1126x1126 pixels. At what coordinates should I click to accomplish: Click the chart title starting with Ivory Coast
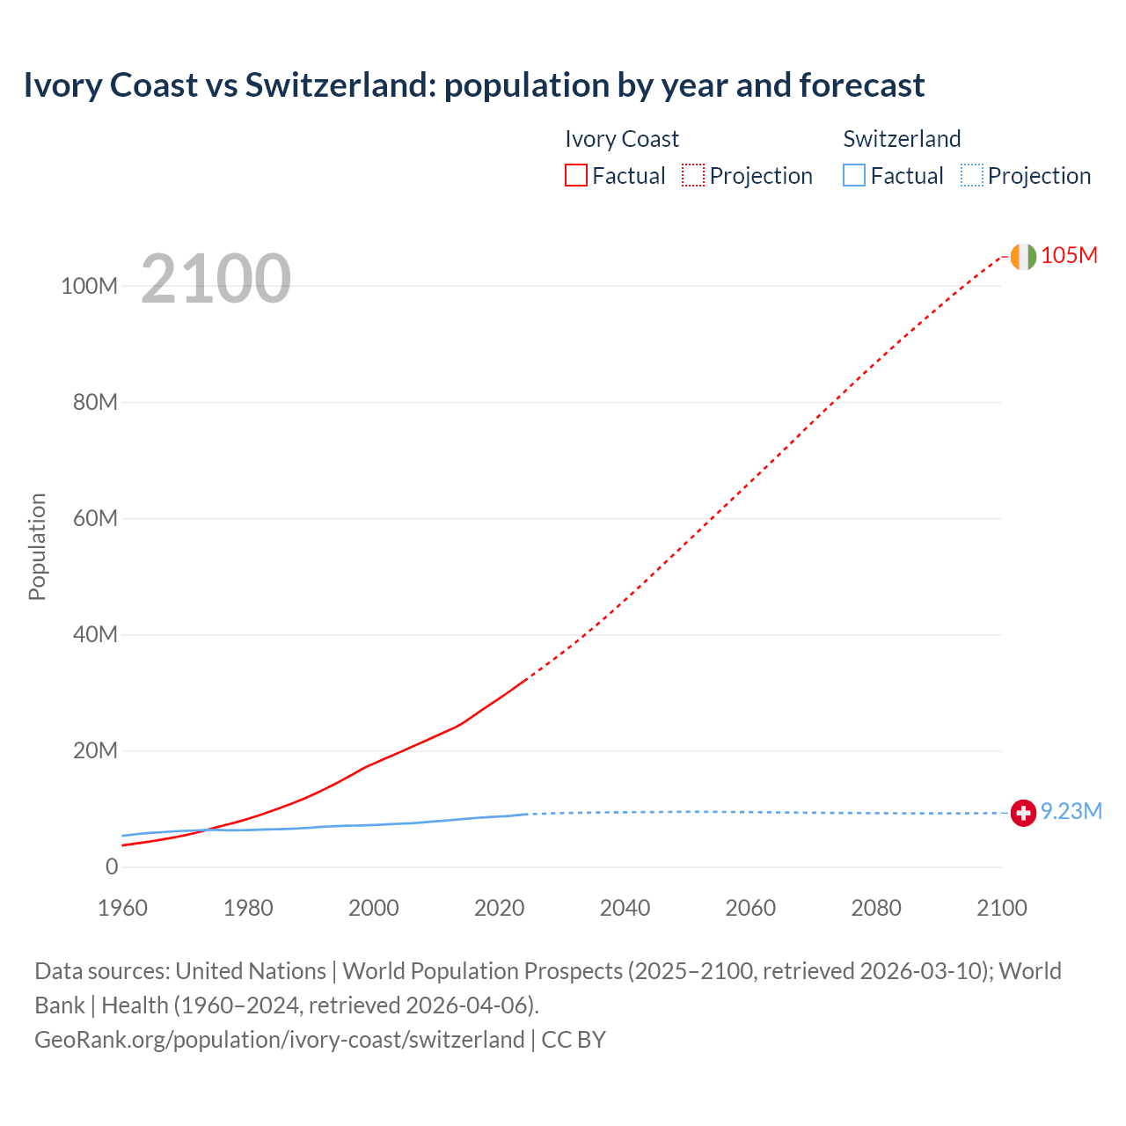pyautogui.click(x=473, y=85)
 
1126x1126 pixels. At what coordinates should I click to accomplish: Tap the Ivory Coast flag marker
pyautogui.click(x=1023, y=256)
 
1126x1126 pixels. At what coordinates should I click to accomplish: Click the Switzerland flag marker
pyautogui.click(x=1023, y=813)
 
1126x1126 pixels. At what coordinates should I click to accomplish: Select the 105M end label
pyautogui.click(x=1069, y=255)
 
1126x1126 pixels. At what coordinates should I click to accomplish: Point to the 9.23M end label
pyautogui.click(x=1071, y=811)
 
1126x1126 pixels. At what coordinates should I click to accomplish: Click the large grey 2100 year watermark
pyautogui.click(x=216, y=279)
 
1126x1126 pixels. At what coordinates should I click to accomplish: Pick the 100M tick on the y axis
pyautogui.click(x=89, y=287)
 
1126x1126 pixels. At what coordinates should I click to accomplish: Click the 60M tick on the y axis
pyautogui.click(x=95, y=518)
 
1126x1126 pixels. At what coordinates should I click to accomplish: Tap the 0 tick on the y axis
pyautogui.click(x=112, y=866)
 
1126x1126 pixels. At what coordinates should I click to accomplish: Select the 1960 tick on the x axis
pyautogui.click(x=122, y=908)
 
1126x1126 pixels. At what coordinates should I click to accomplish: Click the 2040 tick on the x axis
pyautogui.click(x=625, y=908)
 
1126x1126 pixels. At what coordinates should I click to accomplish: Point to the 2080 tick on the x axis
pyautogui.click(x=876, y=908)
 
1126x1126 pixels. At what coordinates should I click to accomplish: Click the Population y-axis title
pyautogui.click(x=37, y=546)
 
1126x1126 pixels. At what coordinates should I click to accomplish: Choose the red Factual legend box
pyautogui.click(x=576, y=176)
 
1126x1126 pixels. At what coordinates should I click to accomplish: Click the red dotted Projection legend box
pyautogui.click(x=693, y=176)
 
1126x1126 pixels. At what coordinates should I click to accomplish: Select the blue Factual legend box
pyautogui.click(x=854, y=176)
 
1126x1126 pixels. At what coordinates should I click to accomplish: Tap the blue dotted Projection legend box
pyautogui.click(x=972, y=176)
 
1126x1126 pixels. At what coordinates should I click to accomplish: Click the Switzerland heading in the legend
pyautogui.click(x=902, y=139)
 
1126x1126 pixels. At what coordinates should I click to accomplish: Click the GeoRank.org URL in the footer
pyautogui.click(x=280, y=1040)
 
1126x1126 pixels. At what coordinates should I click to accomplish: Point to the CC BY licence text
pyautogui.click(x=574, y=1040)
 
